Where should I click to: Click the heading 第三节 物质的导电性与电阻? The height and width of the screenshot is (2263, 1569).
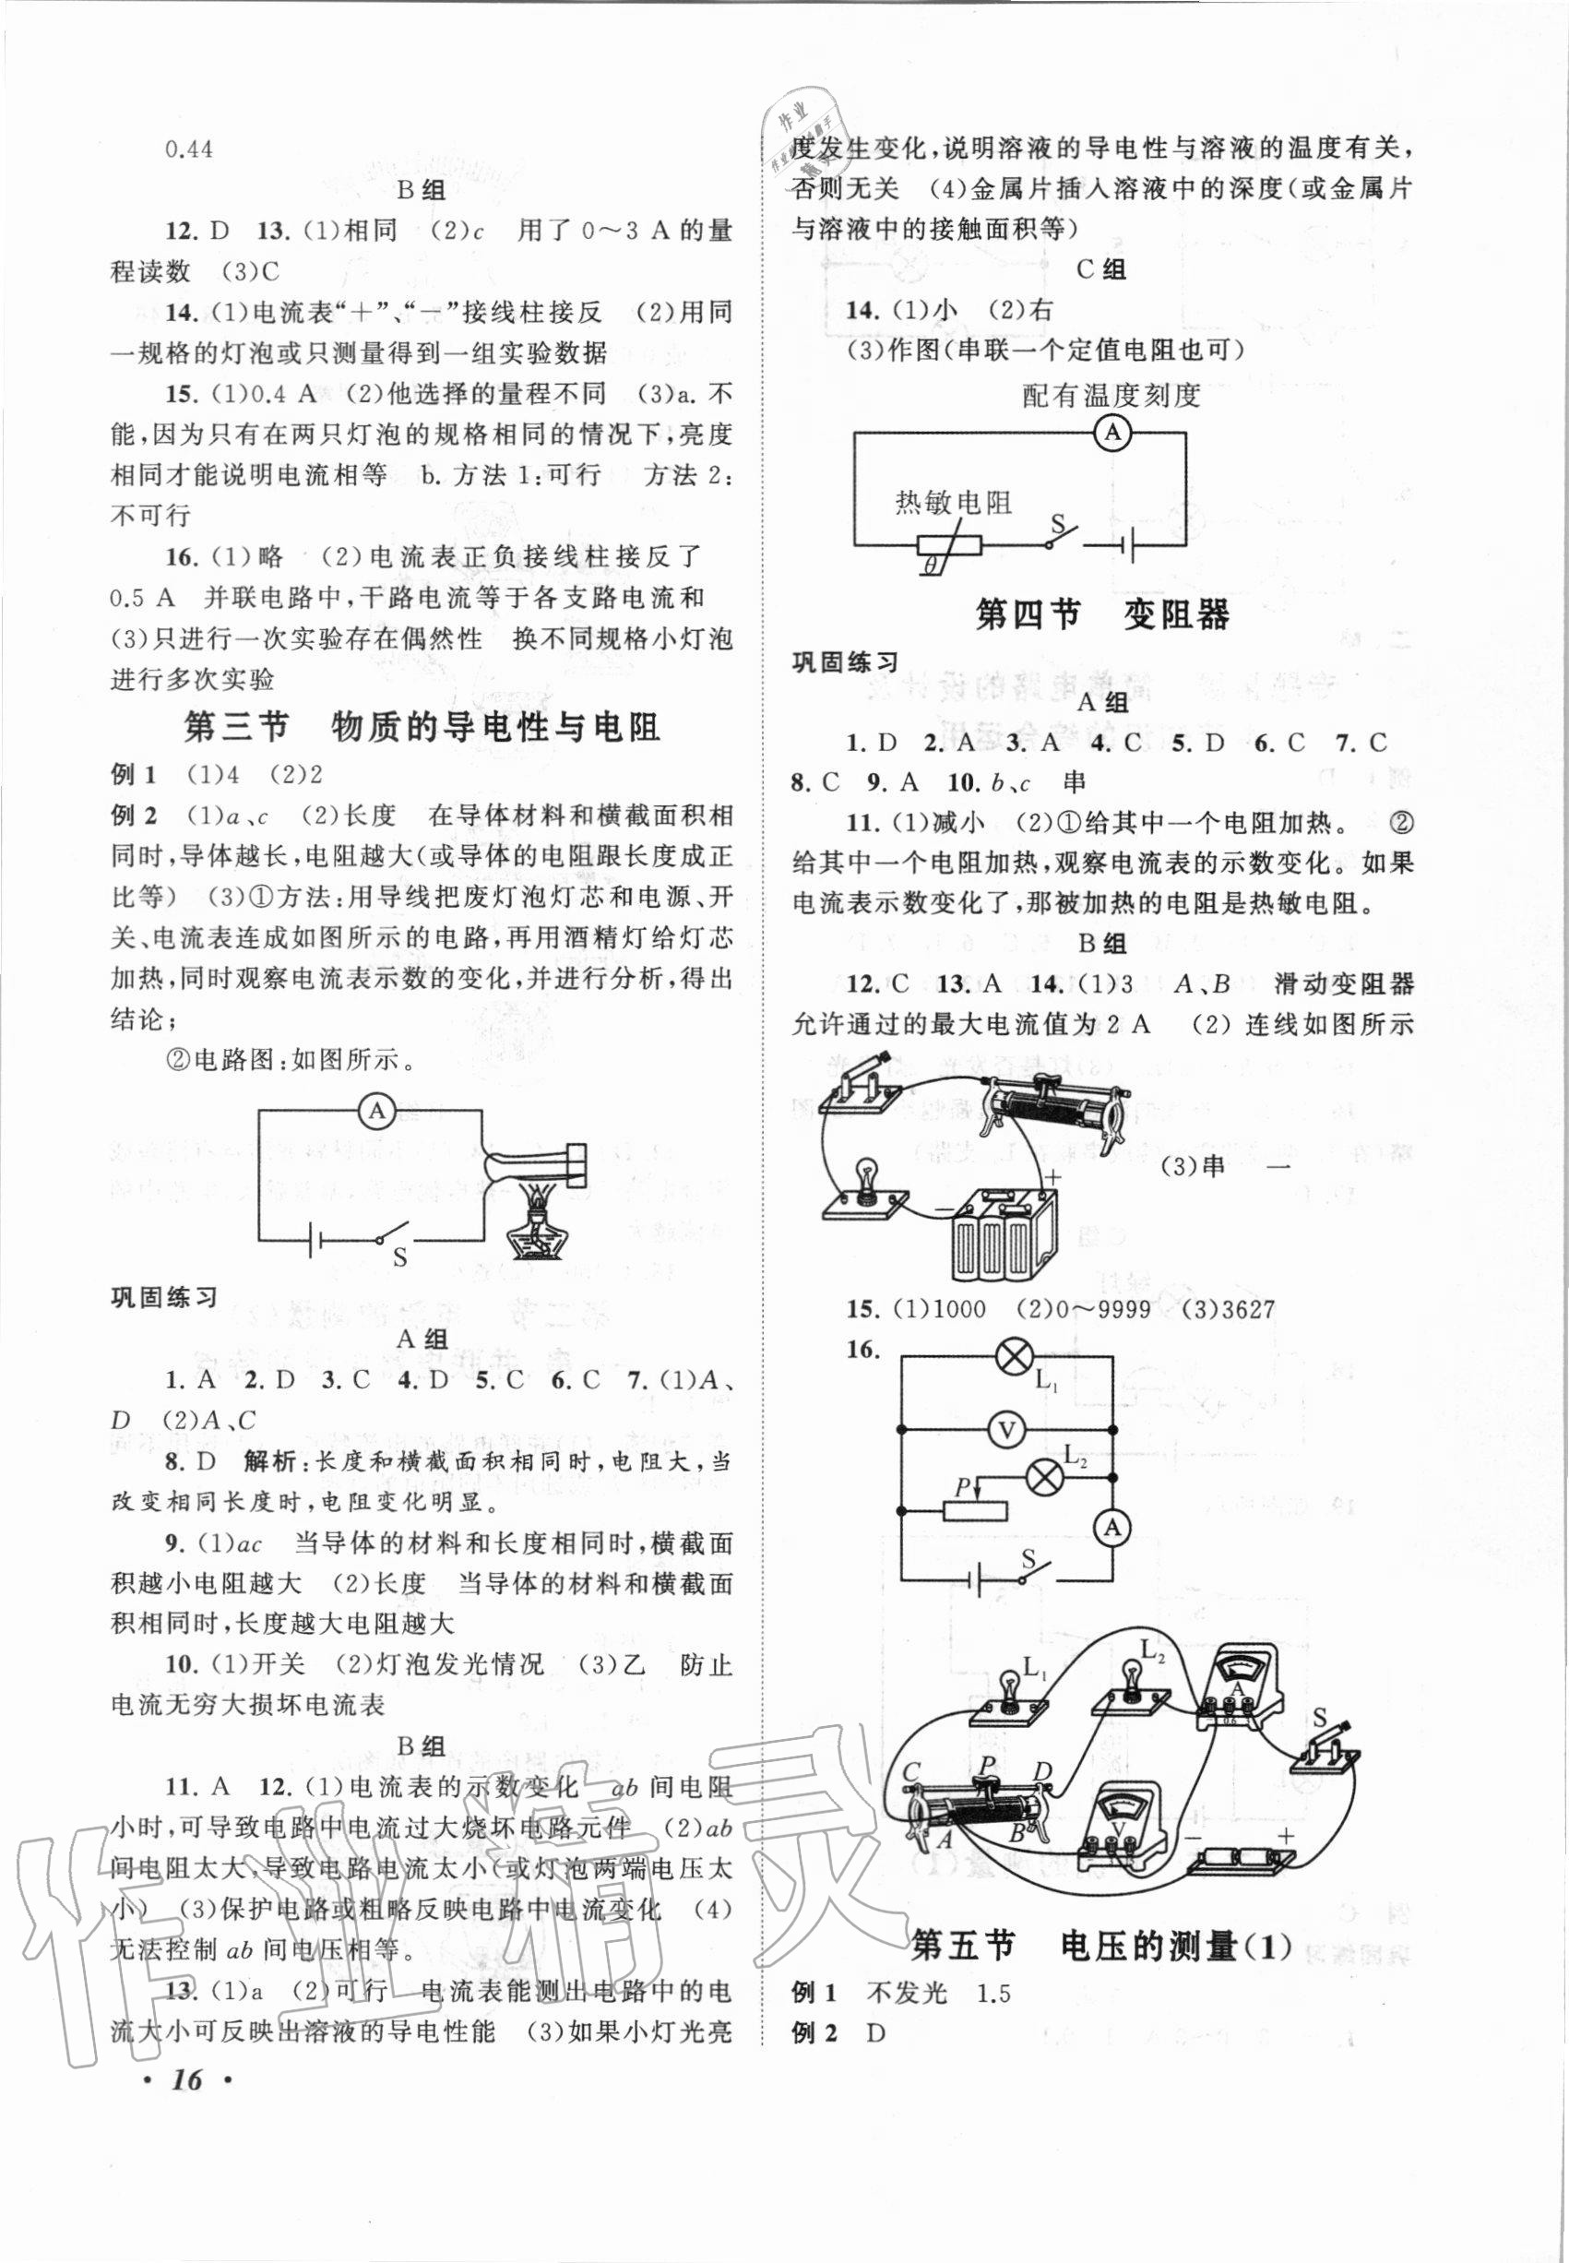[422, 728]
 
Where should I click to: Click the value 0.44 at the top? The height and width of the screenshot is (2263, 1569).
[190, 149]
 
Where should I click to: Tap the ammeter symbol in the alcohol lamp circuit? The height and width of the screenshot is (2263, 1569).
[374, 1112]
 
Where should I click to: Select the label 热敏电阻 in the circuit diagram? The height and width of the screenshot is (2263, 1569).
[953, 504]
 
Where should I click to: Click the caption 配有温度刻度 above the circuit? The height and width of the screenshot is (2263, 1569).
[1111, 395]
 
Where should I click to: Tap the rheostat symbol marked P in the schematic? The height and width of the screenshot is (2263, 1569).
[974, 1514]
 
